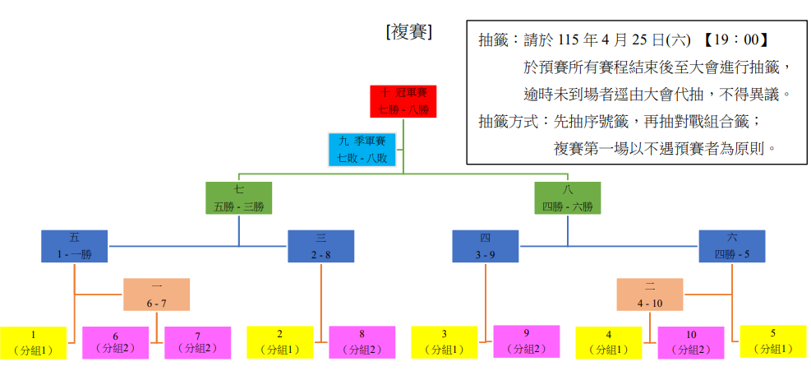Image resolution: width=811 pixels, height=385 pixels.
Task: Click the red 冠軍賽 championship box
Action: pyautogui.click(x=403, y=100)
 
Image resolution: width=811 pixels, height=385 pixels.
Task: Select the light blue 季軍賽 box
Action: pyautogui.click(x=362, y=150)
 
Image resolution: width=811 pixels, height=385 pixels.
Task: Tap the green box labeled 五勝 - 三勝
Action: pyautogui.click(x=238, y=198)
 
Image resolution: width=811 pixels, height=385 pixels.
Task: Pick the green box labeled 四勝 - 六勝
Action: pyautogui.click(x=567, y=198)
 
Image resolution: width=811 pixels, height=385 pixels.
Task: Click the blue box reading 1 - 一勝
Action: pyautogui.click(x=75, y=246)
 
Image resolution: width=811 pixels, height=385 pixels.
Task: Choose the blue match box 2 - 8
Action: pyautogui.click(x=320, y=246)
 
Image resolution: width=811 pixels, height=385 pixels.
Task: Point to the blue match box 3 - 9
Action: pyautogui.click(x=485, y=246)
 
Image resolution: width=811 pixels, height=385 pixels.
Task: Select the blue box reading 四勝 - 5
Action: pyautogui.click(x=731, y=246)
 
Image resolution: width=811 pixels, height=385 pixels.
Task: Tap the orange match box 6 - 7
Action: pyautogui.click(x=157, y=295)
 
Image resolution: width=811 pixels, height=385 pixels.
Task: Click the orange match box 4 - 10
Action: pyautogui.click(x=650, y=295)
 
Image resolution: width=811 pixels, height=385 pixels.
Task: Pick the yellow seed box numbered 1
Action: pyautogui.click(x=33, y=342)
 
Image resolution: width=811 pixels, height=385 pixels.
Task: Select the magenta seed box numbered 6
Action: pyautogui.click(x=115, y=342)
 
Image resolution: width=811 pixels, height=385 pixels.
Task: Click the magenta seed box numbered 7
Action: pyautogui.click(x=197, y=342)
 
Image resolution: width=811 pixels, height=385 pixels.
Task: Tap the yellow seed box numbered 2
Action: pyautogui.click(x=279, y=342)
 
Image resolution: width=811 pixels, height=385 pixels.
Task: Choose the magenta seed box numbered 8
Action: pyautogui.click(x=362, y=342)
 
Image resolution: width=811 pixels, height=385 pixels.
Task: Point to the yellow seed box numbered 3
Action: pyautogui.click(x=444, y=342)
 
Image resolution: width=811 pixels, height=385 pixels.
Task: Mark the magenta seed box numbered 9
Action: pyautogui.click(x=526, y=342)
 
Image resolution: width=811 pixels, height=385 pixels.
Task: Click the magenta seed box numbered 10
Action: pyautogui.click(x=691, y=342)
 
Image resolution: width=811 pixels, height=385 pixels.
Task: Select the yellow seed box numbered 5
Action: pyautogui.click(x=773, y=341)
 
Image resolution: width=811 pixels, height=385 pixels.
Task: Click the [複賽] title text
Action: pyautogui.click(x=408, y=32)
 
